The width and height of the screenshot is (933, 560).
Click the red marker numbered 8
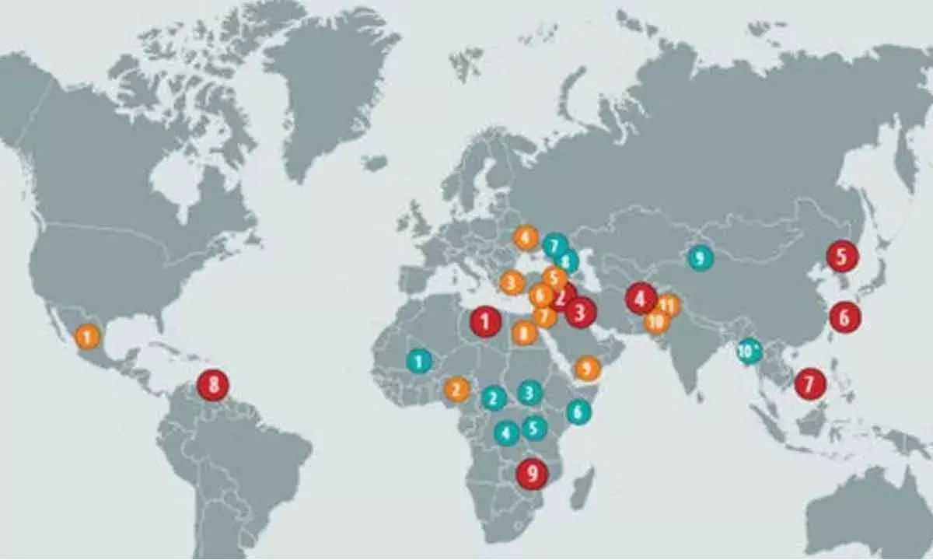212,383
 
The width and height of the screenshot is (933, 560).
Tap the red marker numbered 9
532,472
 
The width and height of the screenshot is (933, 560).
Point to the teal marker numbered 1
418,360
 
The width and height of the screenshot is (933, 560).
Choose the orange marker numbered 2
456,389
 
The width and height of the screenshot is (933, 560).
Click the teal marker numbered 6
578,411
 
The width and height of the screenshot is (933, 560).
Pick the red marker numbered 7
809,383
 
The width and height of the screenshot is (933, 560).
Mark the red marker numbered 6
844,316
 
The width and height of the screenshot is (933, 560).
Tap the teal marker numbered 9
700,257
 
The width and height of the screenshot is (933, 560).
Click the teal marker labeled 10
750,351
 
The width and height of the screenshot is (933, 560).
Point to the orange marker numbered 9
587,368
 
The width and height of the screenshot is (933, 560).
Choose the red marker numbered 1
486,320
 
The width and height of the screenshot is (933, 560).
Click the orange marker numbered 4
526,237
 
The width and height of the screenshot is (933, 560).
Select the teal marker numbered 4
507,432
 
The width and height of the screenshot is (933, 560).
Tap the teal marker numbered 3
529,393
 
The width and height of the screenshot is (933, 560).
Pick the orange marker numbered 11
667,305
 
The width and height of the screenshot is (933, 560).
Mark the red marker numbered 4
641,297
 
